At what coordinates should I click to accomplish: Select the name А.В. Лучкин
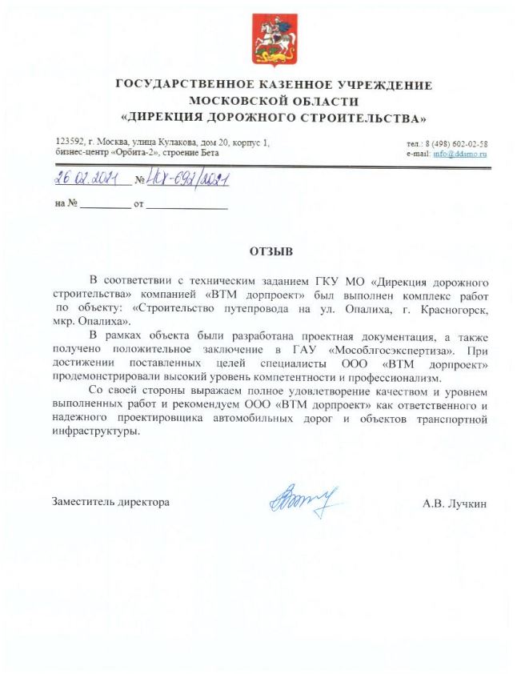tap(455, 503)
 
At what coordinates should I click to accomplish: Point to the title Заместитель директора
tap(110, 503)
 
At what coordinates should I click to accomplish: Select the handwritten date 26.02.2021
tap(87, 179)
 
